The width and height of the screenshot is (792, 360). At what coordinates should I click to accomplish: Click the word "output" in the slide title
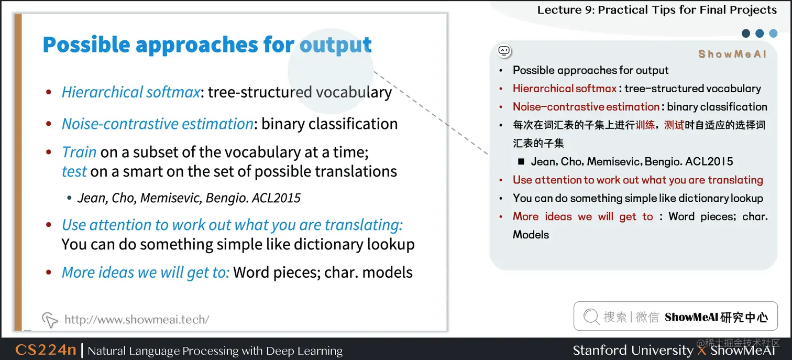click(x=335, y=45)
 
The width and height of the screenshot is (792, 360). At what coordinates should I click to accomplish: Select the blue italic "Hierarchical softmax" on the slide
click(x=130, y=92)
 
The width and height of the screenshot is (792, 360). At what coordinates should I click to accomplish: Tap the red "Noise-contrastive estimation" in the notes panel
click(x=586, y=107)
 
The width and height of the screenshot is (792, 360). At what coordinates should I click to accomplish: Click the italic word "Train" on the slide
click(x=79, y=152)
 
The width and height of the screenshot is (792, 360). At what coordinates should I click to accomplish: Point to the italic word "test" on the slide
click(x=74, y=171)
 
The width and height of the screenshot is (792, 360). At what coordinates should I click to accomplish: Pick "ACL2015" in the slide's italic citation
click(x=276, y=198)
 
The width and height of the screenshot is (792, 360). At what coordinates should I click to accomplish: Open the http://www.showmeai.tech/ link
click(x=136, y=319)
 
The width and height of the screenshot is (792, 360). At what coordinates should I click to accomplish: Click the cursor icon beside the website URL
click(x=49, y=319)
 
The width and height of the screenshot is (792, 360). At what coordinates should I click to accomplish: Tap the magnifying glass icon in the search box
click(x=591, y=317)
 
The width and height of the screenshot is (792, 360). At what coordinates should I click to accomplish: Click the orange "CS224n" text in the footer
click(x=46, y=350)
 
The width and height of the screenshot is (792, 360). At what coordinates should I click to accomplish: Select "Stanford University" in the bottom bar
click(x=632, y=350)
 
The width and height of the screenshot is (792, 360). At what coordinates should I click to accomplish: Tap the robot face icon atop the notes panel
click(x=504, y=51)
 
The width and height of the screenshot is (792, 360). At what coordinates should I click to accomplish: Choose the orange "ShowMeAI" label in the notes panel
click(x=732, y=54)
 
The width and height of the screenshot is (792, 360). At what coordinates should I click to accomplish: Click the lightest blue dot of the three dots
click(x=773, y=34)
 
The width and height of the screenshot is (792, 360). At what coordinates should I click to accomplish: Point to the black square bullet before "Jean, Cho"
click(x=521, y=162)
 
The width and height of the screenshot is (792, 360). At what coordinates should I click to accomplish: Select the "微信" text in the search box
click(x=647, y=317)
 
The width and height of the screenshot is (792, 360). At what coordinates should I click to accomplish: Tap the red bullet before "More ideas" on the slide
click(x=49, y=272)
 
